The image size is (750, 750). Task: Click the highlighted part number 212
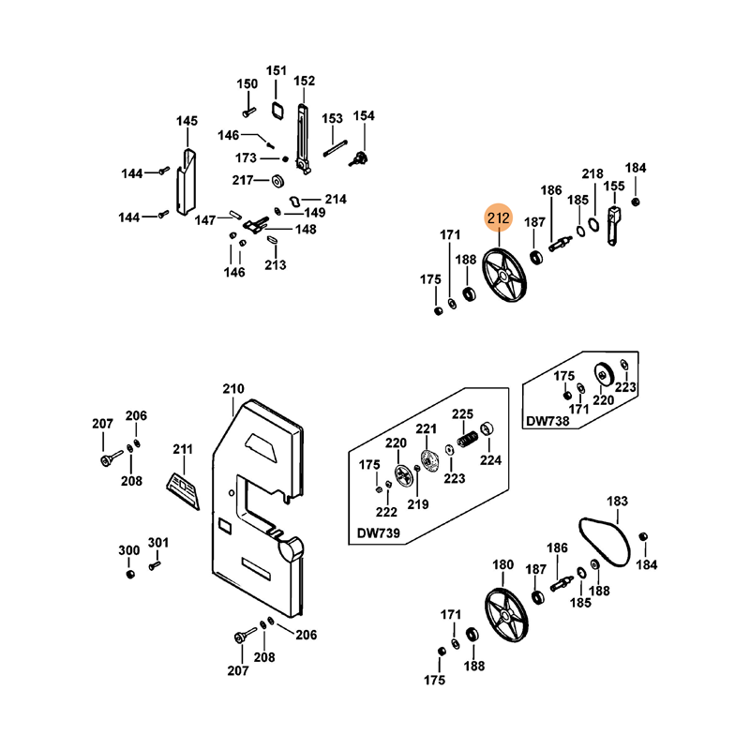498,219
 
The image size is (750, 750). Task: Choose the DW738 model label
547,422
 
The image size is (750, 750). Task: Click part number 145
187,121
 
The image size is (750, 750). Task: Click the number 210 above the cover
232,389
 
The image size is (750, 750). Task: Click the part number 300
128,549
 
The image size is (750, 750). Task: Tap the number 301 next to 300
158,542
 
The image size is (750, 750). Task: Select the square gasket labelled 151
277,109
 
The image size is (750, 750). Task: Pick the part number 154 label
363,116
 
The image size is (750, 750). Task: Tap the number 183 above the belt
618,502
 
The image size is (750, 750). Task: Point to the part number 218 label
592,174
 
